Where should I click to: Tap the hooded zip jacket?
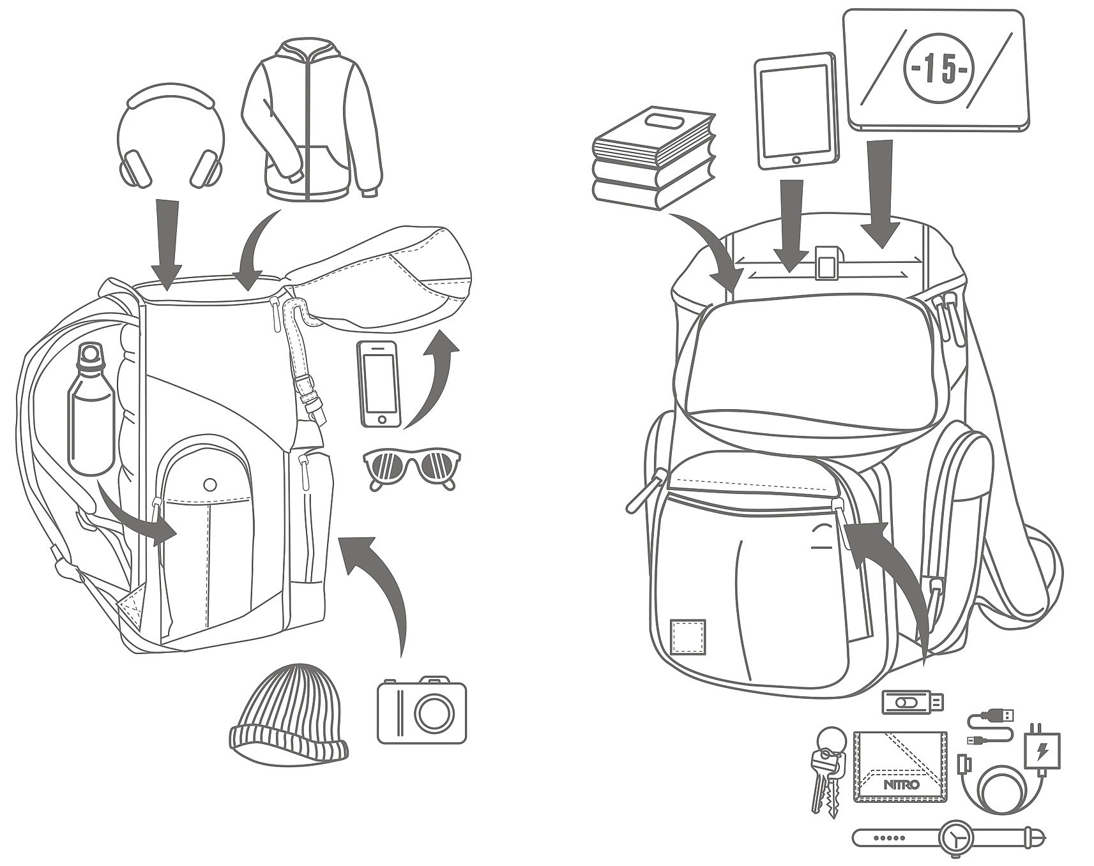pos(311,121)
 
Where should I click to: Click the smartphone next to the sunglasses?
pos(380,384)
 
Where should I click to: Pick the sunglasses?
pos(411,468)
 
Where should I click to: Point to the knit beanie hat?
pos(289,715)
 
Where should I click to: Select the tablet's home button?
pos(796,159)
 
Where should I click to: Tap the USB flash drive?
pos(912,702)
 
